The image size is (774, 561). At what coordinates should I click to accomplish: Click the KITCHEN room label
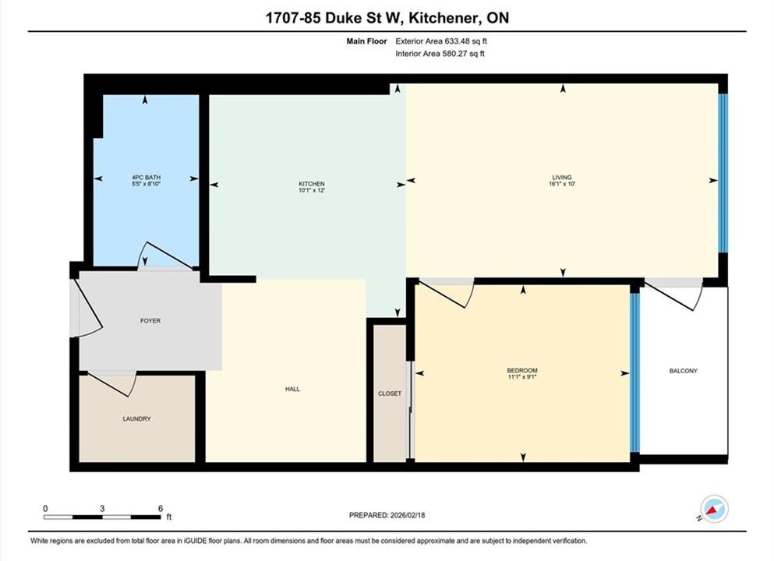tap(312, 184)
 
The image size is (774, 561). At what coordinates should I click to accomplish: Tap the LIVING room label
tap(562, 177)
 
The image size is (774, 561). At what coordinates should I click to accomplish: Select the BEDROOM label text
tap(522, 371)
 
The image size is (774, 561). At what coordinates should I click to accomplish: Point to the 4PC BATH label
tap(146, 177)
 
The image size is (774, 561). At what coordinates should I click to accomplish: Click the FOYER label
tap(150, 321)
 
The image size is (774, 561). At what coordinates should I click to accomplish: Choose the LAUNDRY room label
tap(136, 419)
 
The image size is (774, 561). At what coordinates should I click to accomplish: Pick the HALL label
tap(292, 390)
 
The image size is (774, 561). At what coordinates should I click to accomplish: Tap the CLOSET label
tap(390, 393)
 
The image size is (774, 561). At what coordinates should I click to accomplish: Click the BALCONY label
tap(683, 371)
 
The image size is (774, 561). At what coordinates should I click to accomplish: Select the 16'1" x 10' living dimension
tap(562, 184)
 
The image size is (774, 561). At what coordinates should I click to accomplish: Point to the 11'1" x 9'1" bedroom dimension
tap(522, 377)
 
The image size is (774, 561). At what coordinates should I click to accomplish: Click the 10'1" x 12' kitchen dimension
tap(312, 190)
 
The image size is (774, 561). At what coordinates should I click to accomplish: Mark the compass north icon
tap(713, 510)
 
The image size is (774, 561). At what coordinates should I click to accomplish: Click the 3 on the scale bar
tap(102, 508)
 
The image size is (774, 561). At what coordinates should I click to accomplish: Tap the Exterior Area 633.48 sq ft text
tap(441, 41)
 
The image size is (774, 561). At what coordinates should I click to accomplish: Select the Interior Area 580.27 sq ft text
tap(440, 54)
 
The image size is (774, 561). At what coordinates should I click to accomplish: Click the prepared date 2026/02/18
tap(408, 515)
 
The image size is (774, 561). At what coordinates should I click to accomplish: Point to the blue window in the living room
tap(723, 173)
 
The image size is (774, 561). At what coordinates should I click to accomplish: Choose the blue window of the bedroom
tap(634, 373)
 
